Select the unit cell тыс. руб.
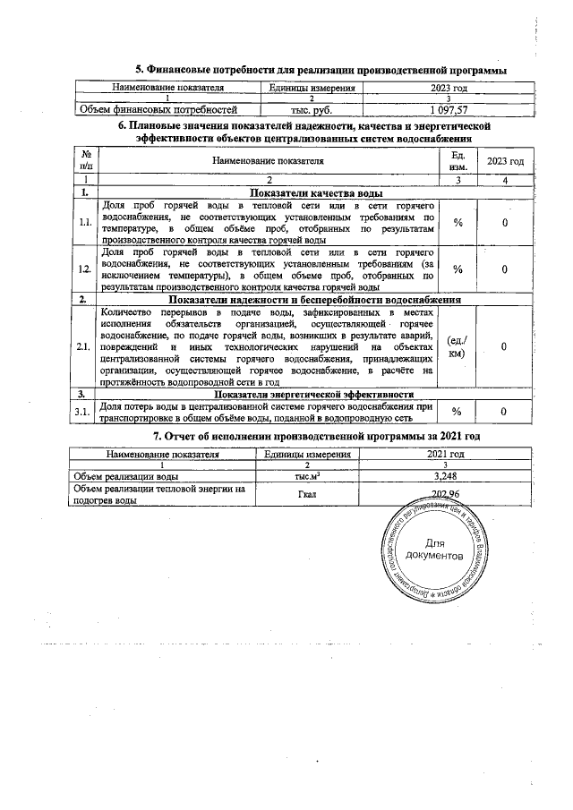click(312, 109)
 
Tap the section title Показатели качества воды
click(317, 193)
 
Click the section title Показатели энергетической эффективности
click(313, 394)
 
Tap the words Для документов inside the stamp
click(434, 550)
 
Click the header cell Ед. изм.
click(458, 160)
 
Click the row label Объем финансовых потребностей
click(158, 109)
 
